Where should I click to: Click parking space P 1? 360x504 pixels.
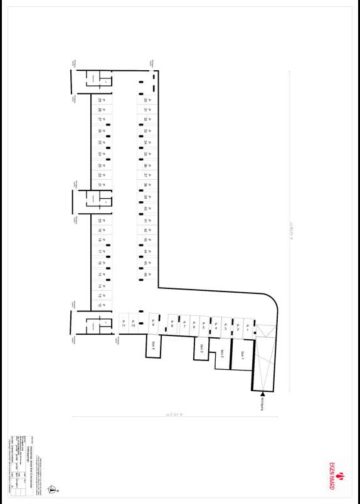pyautogui.click(x=247, y=327)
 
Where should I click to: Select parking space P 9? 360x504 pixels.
pyautogui.click(x=153, y=323)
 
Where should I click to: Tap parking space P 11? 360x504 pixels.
pyautogui.click(x=124, y=323)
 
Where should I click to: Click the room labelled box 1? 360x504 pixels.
pyautogui.click(x=242, y=354)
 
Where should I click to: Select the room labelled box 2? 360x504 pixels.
pyautogui.click(x=222, y=354)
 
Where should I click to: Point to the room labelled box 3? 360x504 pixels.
pyautogui.click(x=202, y=348)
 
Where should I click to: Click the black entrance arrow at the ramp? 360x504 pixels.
pyautogui.click(x=262, y=394)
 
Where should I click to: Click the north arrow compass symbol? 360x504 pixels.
pyautogui.click(x=53, y=487)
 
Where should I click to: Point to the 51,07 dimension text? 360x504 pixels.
pyautogui.click(x=173, y=414)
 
